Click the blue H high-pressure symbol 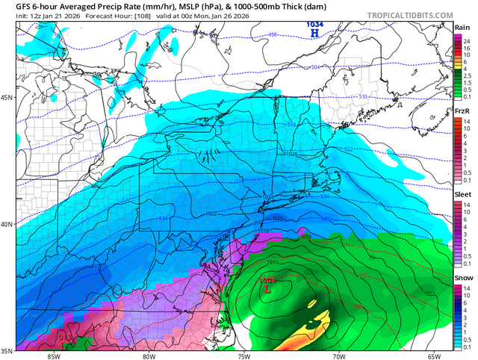314,34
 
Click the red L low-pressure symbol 268,288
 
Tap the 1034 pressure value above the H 314,25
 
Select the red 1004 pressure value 268,279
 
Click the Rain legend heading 462,28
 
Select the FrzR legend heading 462,111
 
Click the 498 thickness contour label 252,34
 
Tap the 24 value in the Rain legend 467,40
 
